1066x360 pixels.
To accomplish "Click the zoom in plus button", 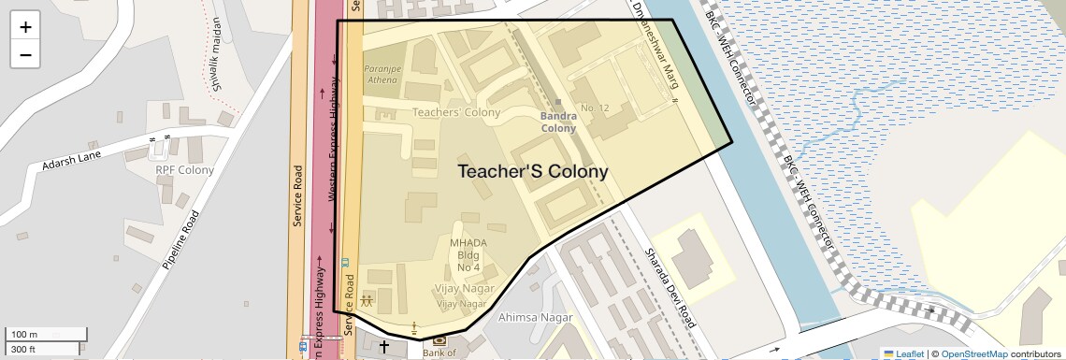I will (25, 27).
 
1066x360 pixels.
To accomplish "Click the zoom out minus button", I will (25, 54).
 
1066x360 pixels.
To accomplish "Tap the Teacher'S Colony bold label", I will (532, 172).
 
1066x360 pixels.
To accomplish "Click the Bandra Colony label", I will (559, 122).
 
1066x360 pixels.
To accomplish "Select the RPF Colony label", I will (184, 170).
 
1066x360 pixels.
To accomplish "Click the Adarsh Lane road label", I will (71, 161).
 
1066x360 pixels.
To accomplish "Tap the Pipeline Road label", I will (180, 240).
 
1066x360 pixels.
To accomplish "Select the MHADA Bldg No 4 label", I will (468, 255).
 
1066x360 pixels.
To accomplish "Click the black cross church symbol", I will (384, 346).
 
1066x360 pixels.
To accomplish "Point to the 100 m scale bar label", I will (24, 335).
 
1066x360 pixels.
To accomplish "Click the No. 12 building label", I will (595, 108).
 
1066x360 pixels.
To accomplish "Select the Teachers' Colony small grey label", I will (456, 112).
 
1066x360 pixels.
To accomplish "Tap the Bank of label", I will (439, 353).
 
